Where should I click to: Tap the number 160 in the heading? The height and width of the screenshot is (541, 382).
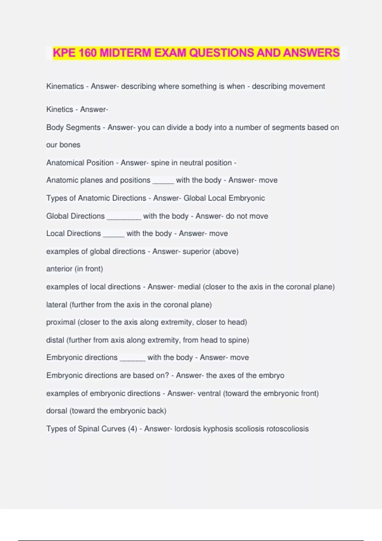click(87, 53)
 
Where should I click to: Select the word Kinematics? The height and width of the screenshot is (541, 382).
click(65, 86)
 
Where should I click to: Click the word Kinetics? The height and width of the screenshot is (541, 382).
click(60, 109)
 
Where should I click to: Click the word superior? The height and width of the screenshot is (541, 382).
click(196, 251)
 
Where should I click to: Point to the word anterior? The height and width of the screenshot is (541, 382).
click(59, 269)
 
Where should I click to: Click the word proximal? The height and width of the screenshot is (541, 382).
click(61, 322)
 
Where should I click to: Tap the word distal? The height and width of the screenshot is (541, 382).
click(55, 340)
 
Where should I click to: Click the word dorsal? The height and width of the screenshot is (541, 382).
click(57, 411)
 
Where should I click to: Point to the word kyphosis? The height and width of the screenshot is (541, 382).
click(218, 429)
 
